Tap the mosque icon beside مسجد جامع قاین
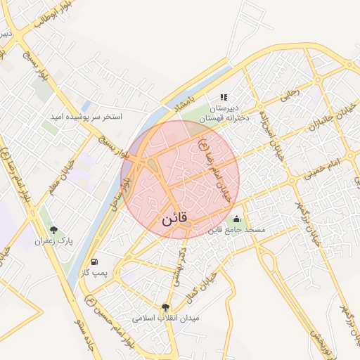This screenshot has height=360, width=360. pos(236,219)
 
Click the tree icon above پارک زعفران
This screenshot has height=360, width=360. pos(53,230)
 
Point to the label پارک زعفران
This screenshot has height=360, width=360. pos(53,241)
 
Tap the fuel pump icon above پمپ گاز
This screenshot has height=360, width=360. pos(95,262)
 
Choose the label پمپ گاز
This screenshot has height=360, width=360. pos(95,272)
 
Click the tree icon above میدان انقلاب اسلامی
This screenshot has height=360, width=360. pos(165,307)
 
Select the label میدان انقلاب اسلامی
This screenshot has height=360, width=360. pos(171,318)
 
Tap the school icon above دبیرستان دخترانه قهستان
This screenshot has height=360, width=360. pos(224,97)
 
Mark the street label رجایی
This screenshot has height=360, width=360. pos(290,95)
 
